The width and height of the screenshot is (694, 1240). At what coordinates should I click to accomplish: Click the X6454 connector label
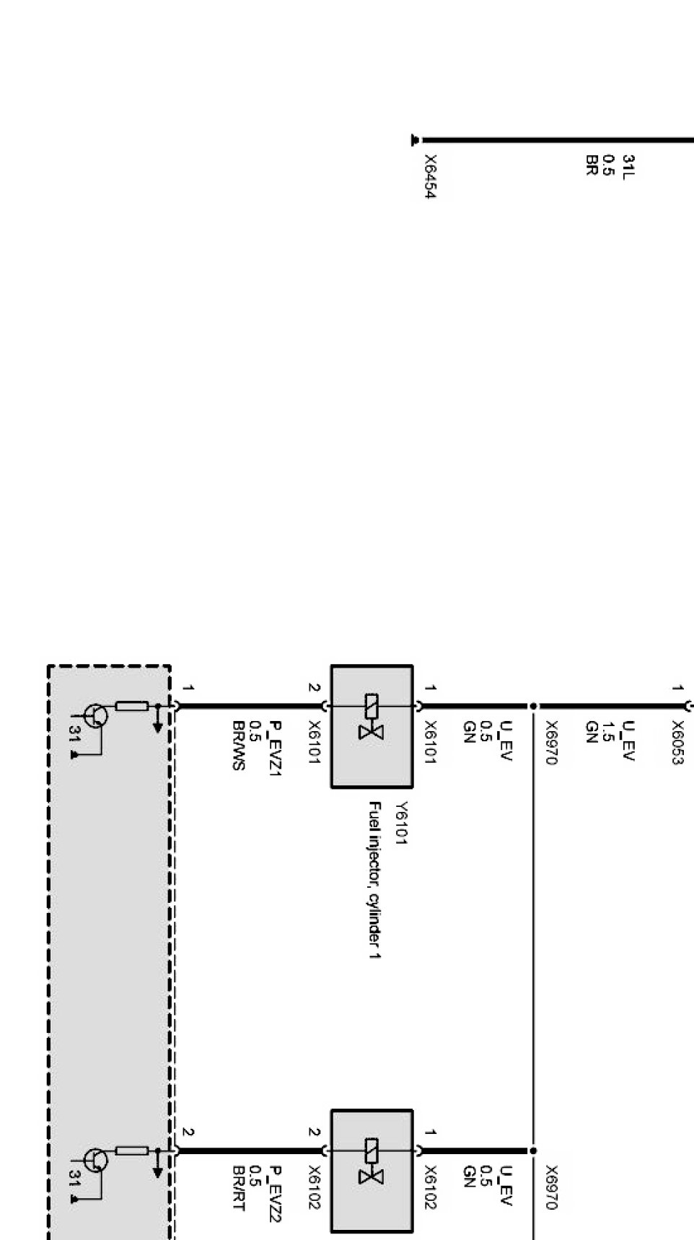[x=431, y=176]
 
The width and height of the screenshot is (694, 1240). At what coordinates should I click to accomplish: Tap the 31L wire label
[x=628, y=166]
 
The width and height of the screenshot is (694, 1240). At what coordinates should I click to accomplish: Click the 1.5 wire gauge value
[x=608, y=732]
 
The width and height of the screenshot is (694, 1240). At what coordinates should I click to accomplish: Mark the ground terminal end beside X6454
[x=415, y=139]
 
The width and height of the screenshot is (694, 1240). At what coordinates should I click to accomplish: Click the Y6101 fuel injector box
[x=372, y=726]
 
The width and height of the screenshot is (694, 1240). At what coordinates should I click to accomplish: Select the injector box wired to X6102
[x=372, y=1169]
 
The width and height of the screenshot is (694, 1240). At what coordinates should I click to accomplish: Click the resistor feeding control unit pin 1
[x=132, y=706]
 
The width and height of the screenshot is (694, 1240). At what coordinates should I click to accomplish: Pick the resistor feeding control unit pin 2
[x=132, y=1150]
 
